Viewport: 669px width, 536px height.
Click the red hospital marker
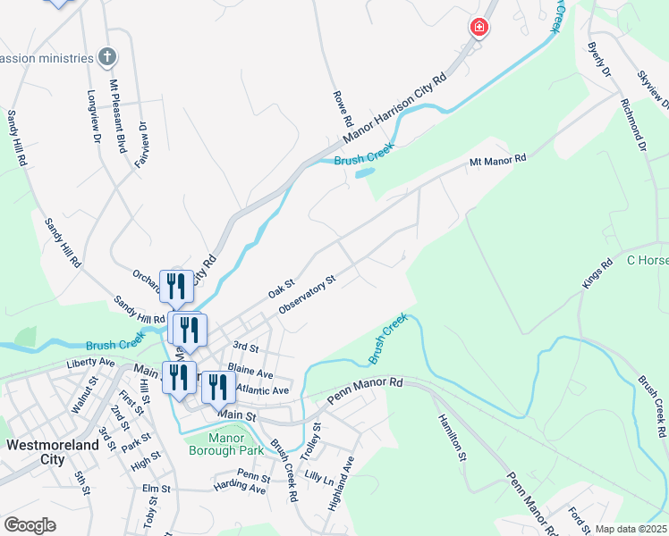479,28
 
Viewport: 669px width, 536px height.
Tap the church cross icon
107,57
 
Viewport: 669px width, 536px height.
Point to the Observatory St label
307,294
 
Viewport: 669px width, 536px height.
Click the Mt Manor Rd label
498,161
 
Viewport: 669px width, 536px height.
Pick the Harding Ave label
240,489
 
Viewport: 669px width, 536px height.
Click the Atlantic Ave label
264,390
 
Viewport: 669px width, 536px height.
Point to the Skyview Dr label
654,89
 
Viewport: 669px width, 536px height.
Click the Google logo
30,524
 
